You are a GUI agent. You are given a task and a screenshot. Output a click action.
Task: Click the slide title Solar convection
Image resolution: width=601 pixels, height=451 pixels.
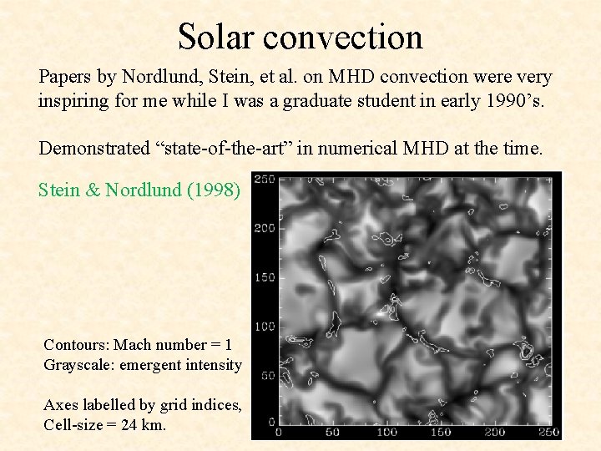300,37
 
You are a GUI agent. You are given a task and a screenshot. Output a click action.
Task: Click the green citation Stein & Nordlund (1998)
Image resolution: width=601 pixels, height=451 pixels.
139,190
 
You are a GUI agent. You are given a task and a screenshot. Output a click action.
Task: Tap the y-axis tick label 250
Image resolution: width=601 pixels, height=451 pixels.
265,180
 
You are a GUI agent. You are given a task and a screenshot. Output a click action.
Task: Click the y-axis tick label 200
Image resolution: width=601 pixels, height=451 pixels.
265,228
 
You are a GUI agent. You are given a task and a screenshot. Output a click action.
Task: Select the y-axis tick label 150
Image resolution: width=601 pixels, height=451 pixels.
265,277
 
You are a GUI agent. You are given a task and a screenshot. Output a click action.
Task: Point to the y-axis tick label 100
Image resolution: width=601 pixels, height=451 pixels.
265,326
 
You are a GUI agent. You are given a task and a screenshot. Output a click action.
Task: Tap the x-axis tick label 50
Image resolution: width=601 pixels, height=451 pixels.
332,433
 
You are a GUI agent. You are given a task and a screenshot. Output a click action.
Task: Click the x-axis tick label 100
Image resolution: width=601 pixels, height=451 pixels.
386,433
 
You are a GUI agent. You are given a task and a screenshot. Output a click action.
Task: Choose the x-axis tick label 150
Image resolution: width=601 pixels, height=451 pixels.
441,433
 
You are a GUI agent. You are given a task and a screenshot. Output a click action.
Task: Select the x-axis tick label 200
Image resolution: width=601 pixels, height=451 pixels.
495,433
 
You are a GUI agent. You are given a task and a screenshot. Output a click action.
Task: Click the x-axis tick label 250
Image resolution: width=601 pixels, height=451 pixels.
548,433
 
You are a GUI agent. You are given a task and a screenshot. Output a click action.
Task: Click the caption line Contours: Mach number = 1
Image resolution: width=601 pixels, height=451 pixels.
138,345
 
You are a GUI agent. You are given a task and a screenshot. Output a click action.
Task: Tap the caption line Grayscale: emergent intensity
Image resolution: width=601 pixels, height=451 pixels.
143,365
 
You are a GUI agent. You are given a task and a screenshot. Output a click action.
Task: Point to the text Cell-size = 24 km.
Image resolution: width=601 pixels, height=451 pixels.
105,424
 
